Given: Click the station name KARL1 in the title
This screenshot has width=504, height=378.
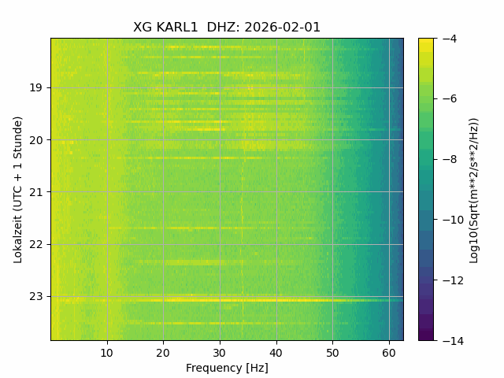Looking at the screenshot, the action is point(176,28).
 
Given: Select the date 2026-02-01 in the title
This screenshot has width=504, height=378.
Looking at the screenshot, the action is point(282,28).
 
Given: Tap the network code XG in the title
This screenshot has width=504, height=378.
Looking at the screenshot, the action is point(143,28).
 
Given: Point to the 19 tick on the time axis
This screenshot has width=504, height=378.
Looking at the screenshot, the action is point(35,87).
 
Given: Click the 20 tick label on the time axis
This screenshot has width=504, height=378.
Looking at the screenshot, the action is point(35,140).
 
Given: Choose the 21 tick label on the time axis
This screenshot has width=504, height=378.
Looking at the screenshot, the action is point(35,192).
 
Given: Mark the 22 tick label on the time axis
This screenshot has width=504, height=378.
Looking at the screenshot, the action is point(35,245).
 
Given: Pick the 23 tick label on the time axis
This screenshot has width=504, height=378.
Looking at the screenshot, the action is point(35,296).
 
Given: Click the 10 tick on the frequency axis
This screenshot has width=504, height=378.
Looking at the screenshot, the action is point(107,353).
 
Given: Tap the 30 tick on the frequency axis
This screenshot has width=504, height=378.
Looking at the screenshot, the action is point(220,353).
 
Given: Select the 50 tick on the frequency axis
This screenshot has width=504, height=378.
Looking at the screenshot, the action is point(332,353).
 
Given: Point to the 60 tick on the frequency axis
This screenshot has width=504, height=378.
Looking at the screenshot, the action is point(389,353).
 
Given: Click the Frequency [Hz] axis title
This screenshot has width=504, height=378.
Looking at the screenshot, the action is point(227,368).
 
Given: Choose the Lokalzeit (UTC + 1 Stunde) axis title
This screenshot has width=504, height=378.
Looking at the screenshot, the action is point(18,190).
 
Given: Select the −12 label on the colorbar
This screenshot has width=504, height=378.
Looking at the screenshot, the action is point(453,280).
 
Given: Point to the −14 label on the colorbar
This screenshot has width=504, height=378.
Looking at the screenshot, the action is point(453,341).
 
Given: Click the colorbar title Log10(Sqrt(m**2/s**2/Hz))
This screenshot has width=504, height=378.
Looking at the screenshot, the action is point(474,191).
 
